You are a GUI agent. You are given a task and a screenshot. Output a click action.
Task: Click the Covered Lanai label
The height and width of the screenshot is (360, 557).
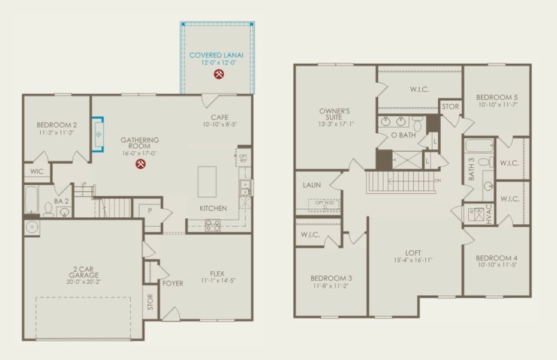(x=217, y=55)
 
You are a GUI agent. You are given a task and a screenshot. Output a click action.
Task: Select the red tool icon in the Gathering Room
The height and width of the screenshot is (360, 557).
(x=140, y=164)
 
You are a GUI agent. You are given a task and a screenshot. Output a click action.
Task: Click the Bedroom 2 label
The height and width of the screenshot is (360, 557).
(x=58, y=124)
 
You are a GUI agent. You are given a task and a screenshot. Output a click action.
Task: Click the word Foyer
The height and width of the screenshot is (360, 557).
(x=173, y=283)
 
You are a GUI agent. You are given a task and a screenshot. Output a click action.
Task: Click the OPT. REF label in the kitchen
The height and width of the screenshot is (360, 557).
(x=243, y=157)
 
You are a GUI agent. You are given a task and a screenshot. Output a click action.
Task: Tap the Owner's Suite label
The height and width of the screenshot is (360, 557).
(x=334, y=114)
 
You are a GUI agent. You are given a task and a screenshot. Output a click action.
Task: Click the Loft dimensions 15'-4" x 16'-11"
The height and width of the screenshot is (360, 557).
(x=413, y=260)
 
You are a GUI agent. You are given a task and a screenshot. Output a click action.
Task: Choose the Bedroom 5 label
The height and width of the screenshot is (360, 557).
(x=496, y=97)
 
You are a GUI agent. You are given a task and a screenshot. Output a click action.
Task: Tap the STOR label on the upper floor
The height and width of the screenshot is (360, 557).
(x=450, y=107)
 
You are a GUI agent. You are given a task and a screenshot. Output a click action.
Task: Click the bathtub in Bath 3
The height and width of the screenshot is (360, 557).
(x=479, y=145)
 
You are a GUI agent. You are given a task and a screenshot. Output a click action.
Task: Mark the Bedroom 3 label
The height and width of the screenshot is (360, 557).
(x=331, y=278)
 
